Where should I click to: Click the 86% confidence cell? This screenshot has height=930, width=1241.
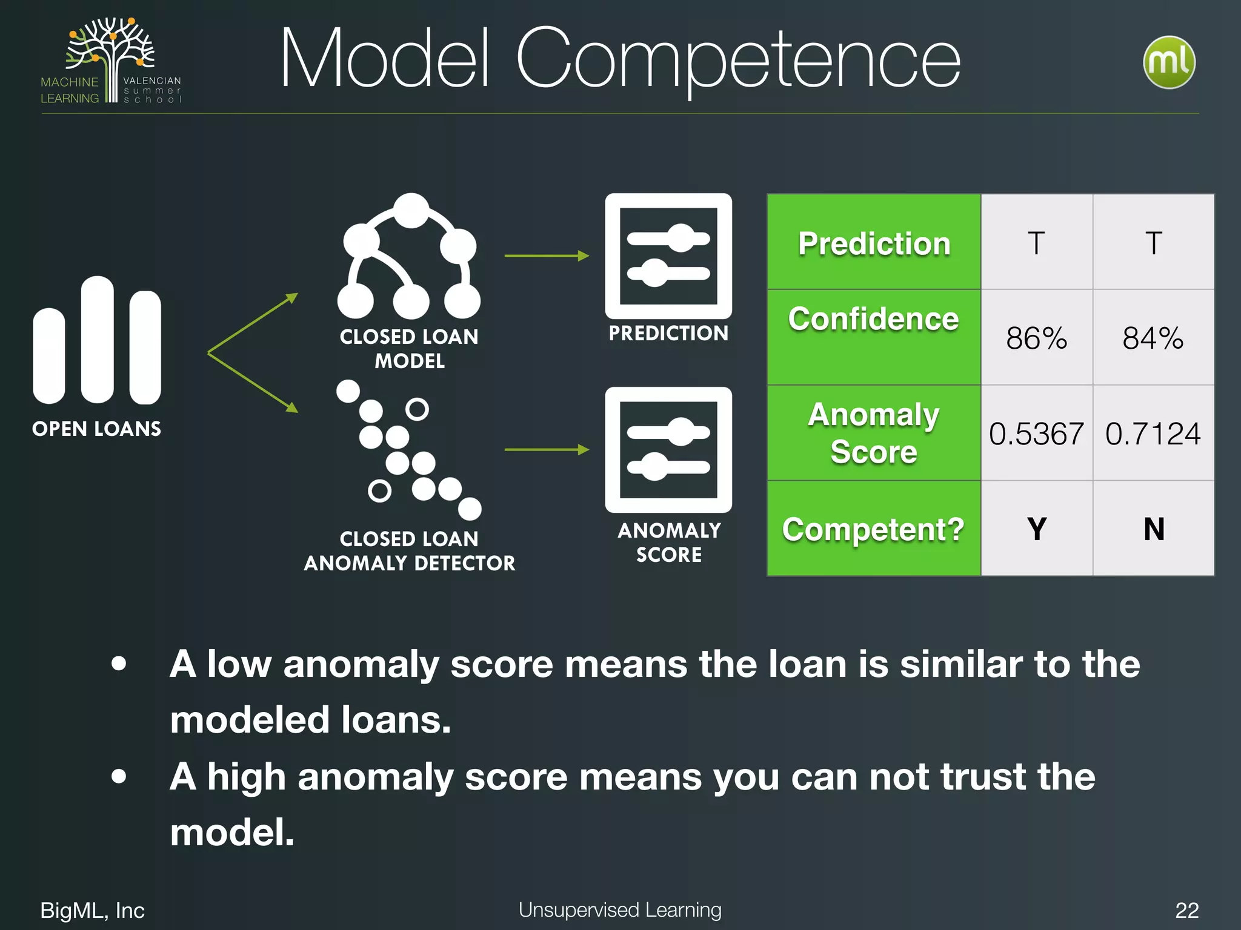[1036, 338]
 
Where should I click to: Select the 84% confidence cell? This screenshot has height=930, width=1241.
[1153, 338]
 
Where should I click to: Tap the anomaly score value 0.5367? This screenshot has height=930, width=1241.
[1036, 434]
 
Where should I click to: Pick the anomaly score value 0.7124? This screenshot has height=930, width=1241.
[1153, 434]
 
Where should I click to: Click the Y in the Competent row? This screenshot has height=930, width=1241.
[1037, 529]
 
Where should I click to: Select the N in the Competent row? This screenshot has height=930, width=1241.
[1154, 529]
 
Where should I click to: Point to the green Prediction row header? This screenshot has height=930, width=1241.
[874, 243]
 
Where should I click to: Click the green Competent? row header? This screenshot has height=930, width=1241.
[873, 529]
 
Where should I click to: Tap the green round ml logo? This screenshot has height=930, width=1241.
[1169, 62]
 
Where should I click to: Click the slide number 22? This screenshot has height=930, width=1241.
[1186, 910]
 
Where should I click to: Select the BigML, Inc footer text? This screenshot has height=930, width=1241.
[92, 910]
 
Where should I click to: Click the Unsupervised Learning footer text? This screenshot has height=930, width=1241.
[620, 909]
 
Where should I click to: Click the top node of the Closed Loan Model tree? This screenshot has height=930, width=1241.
[411, 210]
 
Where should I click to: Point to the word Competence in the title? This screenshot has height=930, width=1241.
[737, 59]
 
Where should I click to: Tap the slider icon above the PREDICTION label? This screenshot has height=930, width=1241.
[668, 256]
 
